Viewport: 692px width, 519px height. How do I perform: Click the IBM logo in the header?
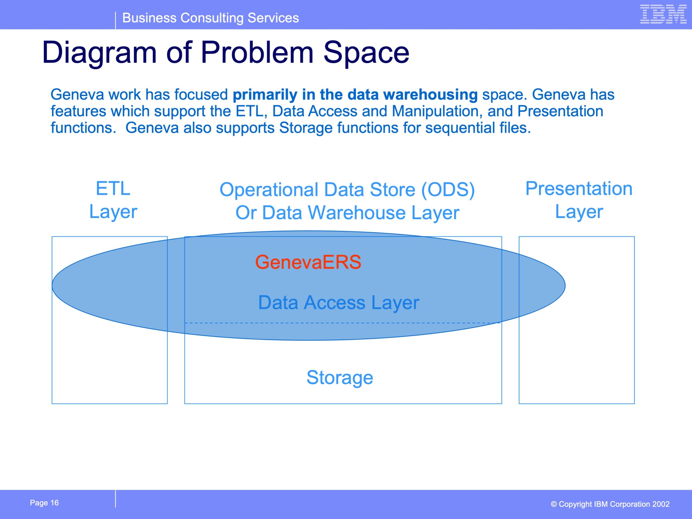[663, 14]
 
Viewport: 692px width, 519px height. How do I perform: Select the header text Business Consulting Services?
[211, 18]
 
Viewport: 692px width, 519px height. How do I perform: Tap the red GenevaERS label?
[308, 262]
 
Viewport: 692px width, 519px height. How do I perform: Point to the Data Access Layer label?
[338, 302]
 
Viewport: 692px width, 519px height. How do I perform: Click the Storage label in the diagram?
[340, 378]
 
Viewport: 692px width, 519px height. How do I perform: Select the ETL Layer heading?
[113, 200]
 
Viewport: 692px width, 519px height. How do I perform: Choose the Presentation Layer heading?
[579, 200]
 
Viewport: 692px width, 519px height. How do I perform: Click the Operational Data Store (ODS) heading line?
[347, 189]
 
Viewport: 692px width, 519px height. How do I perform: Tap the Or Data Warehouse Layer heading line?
[347, 213]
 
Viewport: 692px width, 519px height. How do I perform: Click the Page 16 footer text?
[44, 503]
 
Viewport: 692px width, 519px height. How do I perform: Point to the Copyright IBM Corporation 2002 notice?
[610, 504]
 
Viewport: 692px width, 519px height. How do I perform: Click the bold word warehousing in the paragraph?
[430, 95]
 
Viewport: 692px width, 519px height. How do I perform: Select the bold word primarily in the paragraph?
[265, 95]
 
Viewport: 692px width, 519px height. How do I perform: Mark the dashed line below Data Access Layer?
[343, 323]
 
